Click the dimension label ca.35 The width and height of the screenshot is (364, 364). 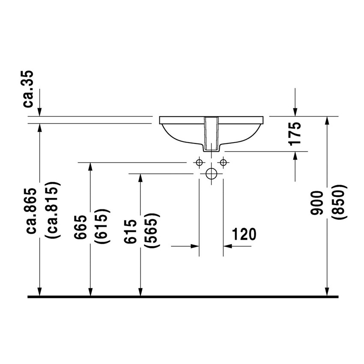click(28, 89)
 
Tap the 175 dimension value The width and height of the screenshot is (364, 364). click(295, 134)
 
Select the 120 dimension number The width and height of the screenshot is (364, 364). click(244, 234)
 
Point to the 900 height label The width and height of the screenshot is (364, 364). click(317, 203)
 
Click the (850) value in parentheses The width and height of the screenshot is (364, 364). click(339, 202)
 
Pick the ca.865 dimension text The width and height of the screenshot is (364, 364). click(31, 211)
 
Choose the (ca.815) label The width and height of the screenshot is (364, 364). click(53, 210)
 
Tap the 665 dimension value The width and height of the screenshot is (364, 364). click(81, 227)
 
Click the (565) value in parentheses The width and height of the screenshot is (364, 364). click(152, 230)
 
